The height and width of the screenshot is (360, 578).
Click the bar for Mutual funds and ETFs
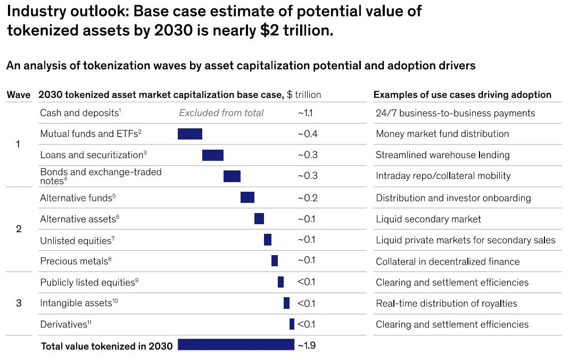190,134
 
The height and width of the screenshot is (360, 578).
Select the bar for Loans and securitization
213,155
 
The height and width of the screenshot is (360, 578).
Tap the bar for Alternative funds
247,198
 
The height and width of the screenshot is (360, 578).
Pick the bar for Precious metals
275,260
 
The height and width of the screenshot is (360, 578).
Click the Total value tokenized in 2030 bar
236,345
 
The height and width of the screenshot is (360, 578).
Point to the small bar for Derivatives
292,324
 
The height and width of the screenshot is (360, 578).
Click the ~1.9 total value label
307,345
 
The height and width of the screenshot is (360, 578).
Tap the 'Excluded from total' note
221,113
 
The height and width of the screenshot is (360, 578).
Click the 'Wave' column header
19,95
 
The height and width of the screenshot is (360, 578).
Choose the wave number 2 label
19,229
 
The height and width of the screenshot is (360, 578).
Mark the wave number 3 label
19,303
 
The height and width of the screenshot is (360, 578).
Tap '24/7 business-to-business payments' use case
455,113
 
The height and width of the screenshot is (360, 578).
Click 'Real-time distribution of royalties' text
446,303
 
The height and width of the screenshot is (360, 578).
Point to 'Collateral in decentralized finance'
447,261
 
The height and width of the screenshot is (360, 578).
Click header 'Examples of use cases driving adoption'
462,95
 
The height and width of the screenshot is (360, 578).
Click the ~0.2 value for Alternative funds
307,198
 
